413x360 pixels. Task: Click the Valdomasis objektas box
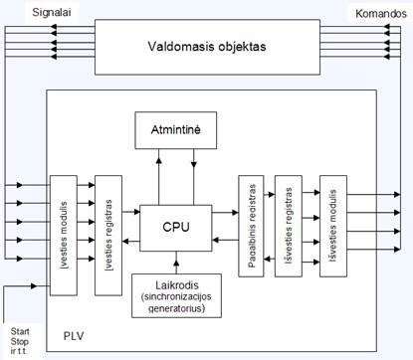coord(206,46)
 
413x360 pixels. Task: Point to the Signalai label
coord(31,11)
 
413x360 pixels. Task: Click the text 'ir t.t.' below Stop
coord(18,351)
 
